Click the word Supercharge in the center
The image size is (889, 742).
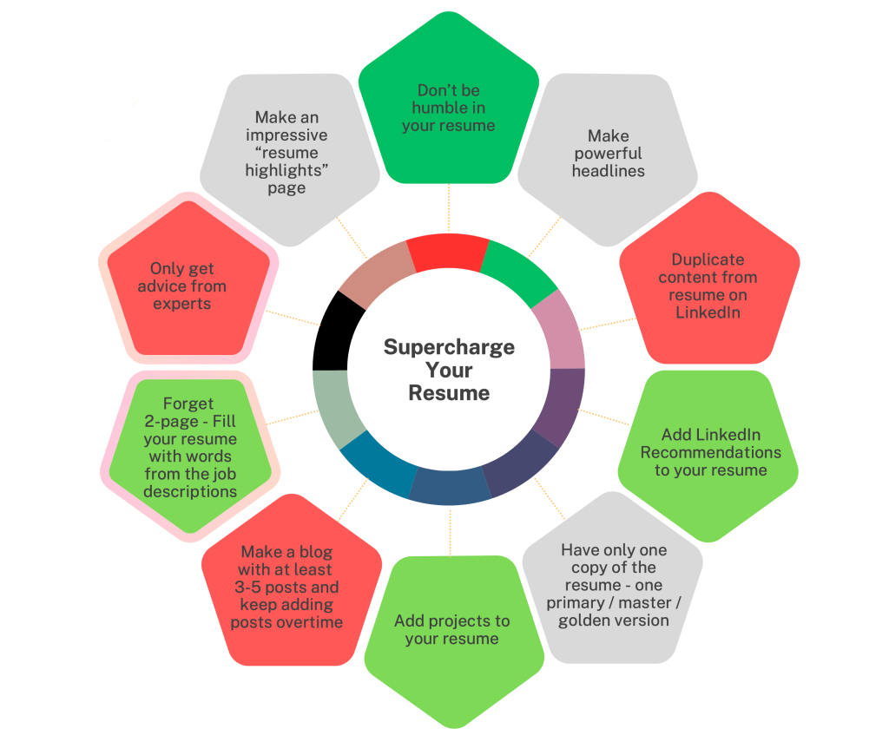449,348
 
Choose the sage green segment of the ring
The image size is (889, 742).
333,408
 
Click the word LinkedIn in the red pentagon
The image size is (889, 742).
708,312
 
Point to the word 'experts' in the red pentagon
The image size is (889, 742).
182,304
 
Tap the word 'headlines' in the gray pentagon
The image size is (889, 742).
608,171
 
